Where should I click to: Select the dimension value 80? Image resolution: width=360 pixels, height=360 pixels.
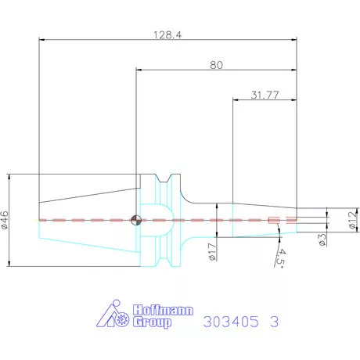216,66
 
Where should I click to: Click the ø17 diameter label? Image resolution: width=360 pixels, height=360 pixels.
213,251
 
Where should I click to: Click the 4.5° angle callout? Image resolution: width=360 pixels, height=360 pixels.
280,256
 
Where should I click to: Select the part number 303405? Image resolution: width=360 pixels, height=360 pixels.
229,322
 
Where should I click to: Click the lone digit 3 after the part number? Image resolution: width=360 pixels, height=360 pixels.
274,322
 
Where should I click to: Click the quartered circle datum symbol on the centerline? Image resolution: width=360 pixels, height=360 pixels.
137,219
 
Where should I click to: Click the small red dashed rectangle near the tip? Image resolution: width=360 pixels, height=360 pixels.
273,220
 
